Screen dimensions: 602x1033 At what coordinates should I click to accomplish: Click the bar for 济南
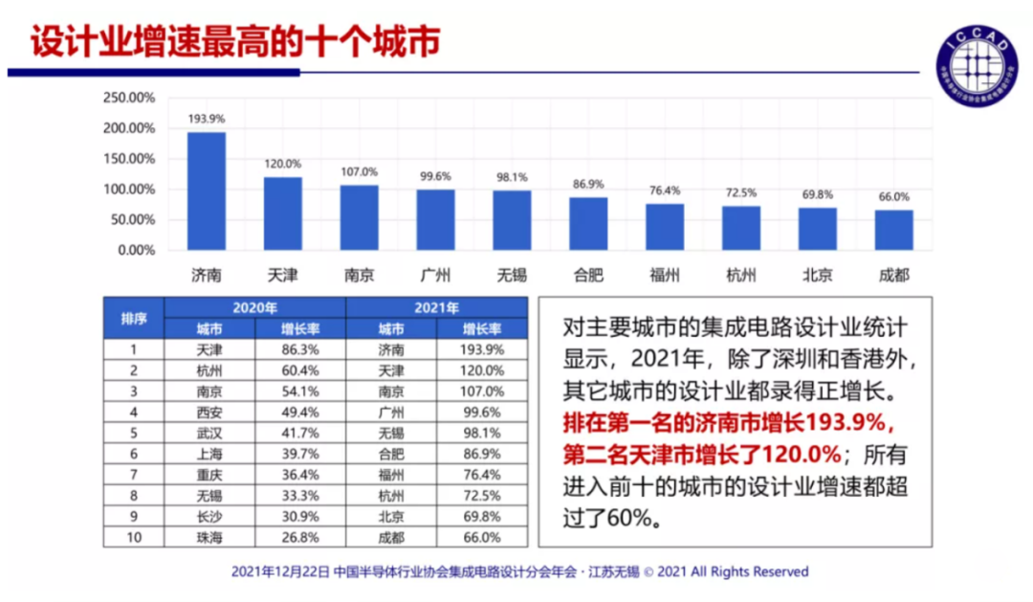pos(207,191)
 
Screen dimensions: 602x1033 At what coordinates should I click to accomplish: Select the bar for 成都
pos(893,231)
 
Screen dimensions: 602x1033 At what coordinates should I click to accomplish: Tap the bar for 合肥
pos(588,224)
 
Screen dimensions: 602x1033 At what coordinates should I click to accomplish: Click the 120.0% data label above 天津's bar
pos(283,164)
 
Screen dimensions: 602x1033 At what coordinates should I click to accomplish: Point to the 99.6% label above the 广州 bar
pos(435,176)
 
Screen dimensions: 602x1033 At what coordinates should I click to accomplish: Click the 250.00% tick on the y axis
pos(128,98)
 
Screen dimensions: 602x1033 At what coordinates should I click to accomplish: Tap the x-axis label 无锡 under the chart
pos(512,276)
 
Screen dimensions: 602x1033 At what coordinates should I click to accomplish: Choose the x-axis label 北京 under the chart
pos(817,276)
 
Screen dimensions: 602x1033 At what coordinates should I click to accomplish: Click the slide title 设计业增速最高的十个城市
pos(235,43)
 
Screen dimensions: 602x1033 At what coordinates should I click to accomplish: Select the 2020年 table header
pos(254,308)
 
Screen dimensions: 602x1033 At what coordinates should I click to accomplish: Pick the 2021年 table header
pos(436,308)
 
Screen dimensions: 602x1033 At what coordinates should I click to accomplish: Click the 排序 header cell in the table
pos(134,319)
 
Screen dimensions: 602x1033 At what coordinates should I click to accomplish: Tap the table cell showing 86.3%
pos(299,349)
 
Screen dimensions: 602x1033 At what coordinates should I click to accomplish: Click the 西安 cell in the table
pos(209,412)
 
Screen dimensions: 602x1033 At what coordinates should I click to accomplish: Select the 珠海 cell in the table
pos(209,537)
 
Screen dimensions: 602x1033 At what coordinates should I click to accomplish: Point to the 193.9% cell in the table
pos(481,349)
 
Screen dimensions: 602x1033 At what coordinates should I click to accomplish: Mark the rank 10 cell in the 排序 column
pos(134,537)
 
